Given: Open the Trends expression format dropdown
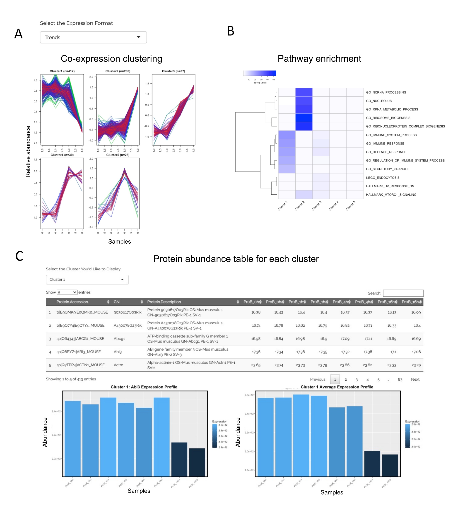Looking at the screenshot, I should pos(93,37).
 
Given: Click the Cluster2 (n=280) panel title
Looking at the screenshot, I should pos(118,71).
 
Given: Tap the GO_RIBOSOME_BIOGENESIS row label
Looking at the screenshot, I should pos(388,118).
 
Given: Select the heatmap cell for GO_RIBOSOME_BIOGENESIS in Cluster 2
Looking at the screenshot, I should pos(304,118).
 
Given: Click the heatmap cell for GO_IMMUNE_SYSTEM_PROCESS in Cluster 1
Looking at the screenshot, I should pos(287,135).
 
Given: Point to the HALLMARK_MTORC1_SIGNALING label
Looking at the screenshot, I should pos(391,195).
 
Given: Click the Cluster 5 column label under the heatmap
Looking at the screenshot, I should pos(351,206).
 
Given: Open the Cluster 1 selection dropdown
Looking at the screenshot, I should pos(87,280).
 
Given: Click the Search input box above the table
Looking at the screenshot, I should pos(403,293).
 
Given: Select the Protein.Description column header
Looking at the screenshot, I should pos(164,302).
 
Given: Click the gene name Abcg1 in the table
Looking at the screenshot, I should pos(119,339).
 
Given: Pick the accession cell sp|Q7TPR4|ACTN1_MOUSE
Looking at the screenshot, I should pos(81,365).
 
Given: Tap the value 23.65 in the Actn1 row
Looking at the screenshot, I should pos(256,365).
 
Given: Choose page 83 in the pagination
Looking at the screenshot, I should pos(400,379).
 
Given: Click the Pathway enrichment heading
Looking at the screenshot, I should pos(319,59).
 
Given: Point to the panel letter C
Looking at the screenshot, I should pos(19,256).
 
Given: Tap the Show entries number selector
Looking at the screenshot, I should pos(67,292).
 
